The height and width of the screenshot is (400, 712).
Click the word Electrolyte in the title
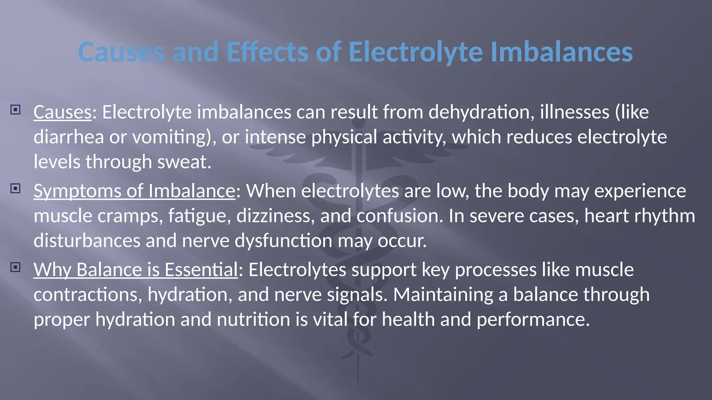click(415, 52)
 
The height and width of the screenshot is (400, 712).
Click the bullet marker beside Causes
click(15, 110)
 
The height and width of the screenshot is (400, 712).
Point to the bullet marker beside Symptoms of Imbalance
click(15, 189)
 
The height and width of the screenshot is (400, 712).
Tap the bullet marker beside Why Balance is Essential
click(15, 267)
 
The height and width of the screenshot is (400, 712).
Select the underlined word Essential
click(201, 270)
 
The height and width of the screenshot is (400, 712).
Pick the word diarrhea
click(68, 137)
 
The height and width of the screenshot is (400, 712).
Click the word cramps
click(130, 216)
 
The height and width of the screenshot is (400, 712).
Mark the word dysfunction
click(283, 241)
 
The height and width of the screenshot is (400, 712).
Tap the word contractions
click(88, 295)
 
